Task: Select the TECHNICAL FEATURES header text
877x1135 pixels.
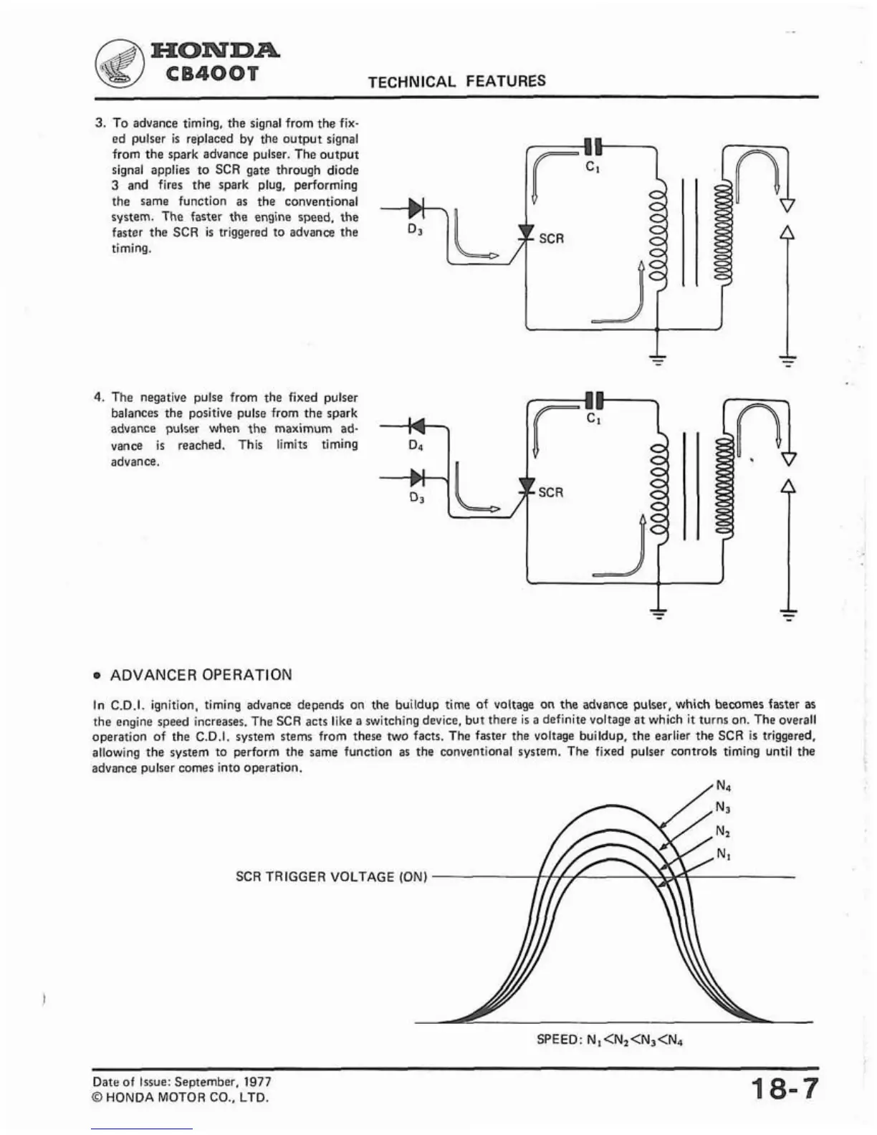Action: [456, 81]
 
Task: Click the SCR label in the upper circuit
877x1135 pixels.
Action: [551, 239]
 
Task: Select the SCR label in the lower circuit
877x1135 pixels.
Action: [550, 492]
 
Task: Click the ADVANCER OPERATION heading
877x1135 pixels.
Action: [201, 675]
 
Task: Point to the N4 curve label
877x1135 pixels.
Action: [723, 785]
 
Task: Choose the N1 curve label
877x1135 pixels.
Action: [724, 855]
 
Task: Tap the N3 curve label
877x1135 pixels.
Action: [724, 808]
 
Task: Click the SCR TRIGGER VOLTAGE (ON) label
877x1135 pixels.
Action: [331, 876]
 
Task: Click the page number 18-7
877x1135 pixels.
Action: [784, 1089]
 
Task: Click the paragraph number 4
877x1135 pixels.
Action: [100, 397]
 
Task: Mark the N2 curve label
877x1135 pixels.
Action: [724, 831]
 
